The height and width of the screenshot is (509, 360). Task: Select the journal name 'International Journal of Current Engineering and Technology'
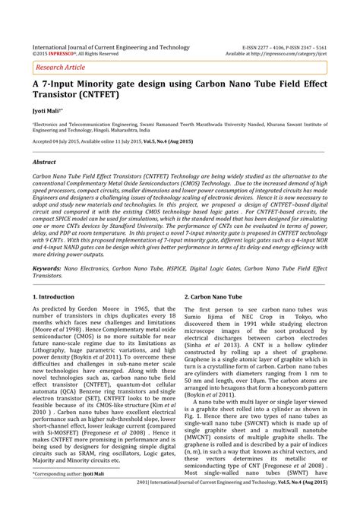tap(111, 47)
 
